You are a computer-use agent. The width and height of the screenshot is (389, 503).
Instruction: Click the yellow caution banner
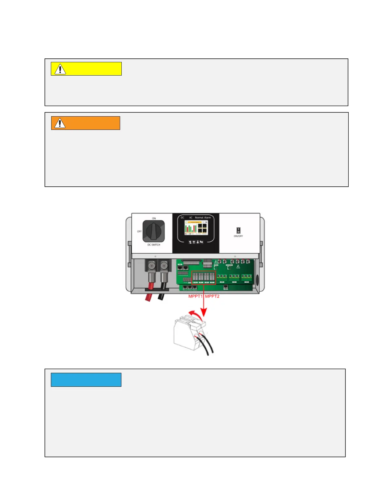86,69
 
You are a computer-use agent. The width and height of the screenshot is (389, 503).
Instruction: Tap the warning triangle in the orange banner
60,123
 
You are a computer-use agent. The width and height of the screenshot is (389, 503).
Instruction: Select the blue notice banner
86,380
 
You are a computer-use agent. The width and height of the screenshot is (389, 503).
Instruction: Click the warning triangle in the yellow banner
60,69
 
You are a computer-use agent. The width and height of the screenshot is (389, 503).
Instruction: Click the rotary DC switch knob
154,231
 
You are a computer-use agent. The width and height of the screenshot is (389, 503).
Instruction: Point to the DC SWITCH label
154,245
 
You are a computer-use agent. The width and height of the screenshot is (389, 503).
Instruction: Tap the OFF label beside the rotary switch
139,231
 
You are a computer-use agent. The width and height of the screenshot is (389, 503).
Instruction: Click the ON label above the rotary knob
154,218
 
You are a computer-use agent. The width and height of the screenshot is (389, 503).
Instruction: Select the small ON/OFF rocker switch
238,230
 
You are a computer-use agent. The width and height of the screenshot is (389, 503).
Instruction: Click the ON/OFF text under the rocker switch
238,236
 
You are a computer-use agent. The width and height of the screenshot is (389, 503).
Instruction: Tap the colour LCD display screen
196,228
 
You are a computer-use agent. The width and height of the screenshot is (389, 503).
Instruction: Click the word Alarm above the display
207,218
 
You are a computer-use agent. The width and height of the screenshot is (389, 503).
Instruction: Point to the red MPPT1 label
195,296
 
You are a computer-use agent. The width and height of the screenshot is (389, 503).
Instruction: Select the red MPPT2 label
212,296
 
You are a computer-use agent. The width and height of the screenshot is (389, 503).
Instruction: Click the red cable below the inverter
148,298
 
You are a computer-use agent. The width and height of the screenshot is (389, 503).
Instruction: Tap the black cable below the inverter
161,297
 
